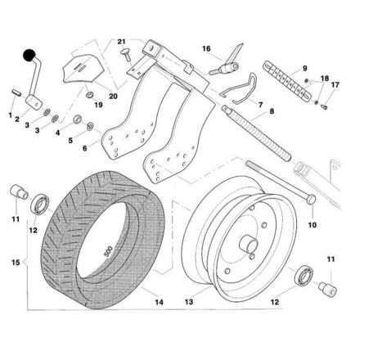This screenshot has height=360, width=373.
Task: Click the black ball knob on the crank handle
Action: pos(29,56)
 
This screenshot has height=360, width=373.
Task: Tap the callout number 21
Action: pos(121,42)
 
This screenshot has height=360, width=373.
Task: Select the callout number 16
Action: pos(206,48)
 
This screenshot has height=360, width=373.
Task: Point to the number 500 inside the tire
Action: pos(108,251)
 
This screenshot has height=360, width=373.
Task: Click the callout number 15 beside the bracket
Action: pos(16,263)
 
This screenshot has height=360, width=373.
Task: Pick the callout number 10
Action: pos(312,225)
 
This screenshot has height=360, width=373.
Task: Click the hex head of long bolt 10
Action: pos(311,199)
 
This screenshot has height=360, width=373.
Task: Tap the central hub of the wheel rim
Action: pos(248,243)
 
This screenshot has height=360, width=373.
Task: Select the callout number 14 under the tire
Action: pos(159,302)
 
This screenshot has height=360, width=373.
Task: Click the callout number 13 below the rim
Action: pos(189,302)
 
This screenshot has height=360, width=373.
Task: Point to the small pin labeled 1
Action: pos(16,92)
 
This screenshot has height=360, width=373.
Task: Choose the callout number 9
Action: pos(305,68)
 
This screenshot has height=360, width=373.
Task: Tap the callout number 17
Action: pos(335,85)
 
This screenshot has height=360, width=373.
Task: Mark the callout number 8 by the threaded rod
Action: pos(272,111)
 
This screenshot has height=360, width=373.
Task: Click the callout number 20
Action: pos(113,97)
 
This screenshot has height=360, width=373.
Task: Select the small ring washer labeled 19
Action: pos(90,95)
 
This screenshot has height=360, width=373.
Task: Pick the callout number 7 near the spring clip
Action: pos(260,105)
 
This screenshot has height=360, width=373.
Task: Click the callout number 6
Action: pos(85,148)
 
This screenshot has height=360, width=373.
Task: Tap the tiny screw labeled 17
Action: pos(324,107)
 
